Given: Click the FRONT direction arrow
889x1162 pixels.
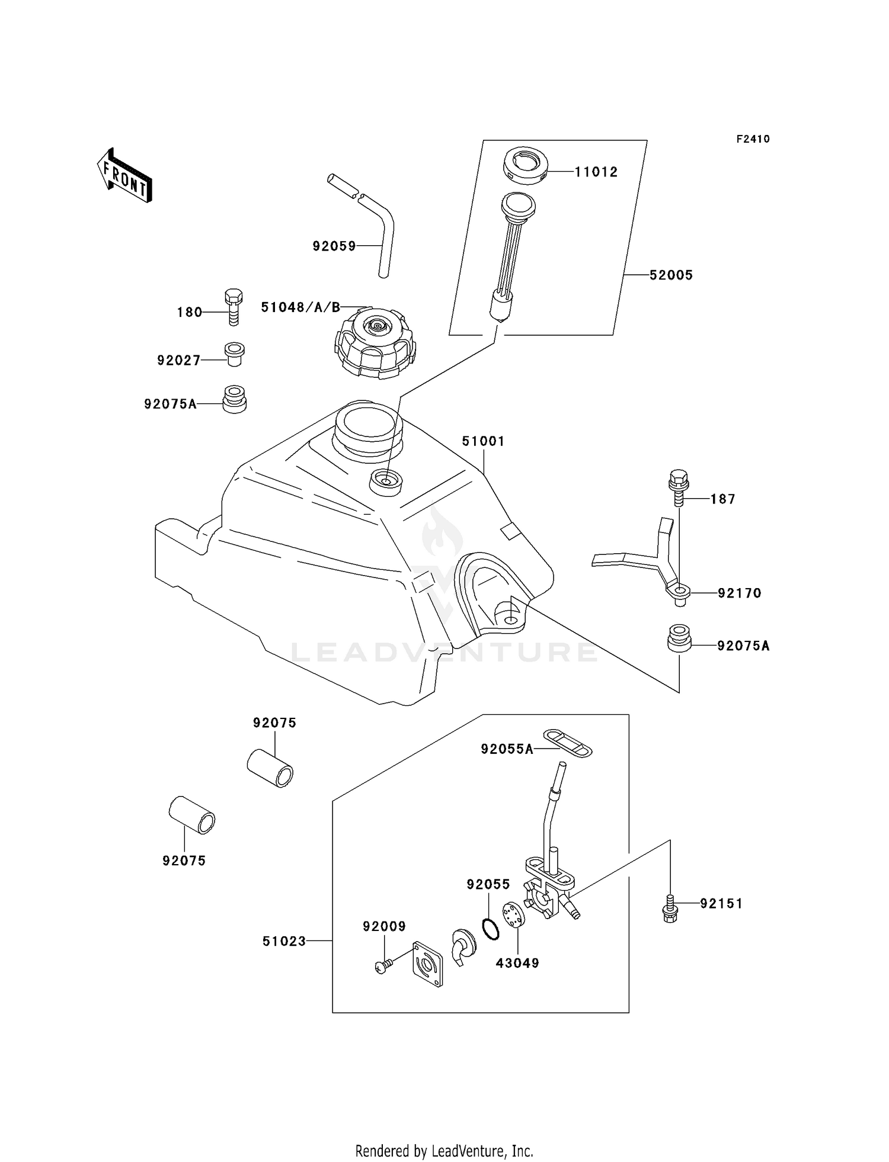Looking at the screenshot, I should [x=124, y=176].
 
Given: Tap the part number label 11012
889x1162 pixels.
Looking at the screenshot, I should [x=596, y=172].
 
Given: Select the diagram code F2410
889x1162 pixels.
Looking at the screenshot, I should [x=753, y=139].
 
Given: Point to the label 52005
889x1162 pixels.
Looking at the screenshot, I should [x=671, y=275].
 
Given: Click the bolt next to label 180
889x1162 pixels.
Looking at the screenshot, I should [x=233, y=307].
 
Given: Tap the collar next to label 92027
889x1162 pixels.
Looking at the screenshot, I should [x=235, y=354].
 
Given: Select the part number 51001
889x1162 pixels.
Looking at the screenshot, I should [x=483, y=441].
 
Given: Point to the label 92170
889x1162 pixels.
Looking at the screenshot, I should [x=739, y=593].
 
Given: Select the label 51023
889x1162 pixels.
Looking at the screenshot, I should [x=284, y=942].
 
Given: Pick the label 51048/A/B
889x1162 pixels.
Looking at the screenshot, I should [x=300, y=307].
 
